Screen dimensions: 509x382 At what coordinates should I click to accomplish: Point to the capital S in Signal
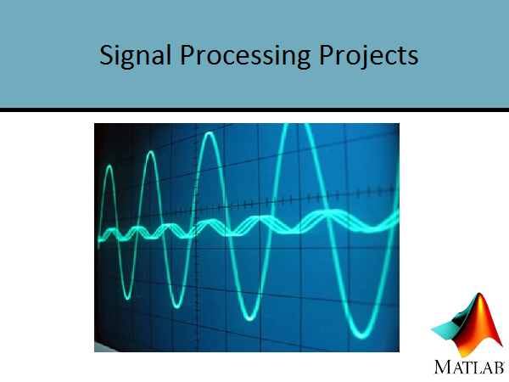107,54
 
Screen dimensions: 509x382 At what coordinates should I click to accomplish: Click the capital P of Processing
188,54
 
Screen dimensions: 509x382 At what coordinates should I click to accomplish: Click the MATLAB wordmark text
469,367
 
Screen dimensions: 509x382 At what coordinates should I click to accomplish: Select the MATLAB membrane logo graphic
467,325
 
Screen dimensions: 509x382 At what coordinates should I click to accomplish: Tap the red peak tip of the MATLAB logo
479,295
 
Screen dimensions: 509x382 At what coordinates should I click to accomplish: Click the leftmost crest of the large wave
109,166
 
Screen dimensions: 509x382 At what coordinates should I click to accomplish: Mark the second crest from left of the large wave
150,153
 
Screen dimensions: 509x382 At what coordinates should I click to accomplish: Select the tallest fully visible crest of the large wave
210,133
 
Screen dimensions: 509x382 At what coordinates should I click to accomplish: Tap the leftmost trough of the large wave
127,297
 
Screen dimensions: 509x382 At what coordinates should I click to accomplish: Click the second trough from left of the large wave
177,306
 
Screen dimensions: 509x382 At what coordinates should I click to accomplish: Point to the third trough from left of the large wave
249,318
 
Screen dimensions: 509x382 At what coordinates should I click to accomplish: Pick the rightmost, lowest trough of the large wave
361,334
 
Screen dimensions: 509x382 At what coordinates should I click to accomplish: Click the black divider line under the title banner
255,110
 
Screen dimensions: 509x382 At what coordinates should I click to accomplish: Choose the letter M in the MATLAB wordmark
443,367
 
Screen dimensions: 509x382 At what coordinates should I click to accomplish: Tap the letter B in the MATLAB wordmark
499,368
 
